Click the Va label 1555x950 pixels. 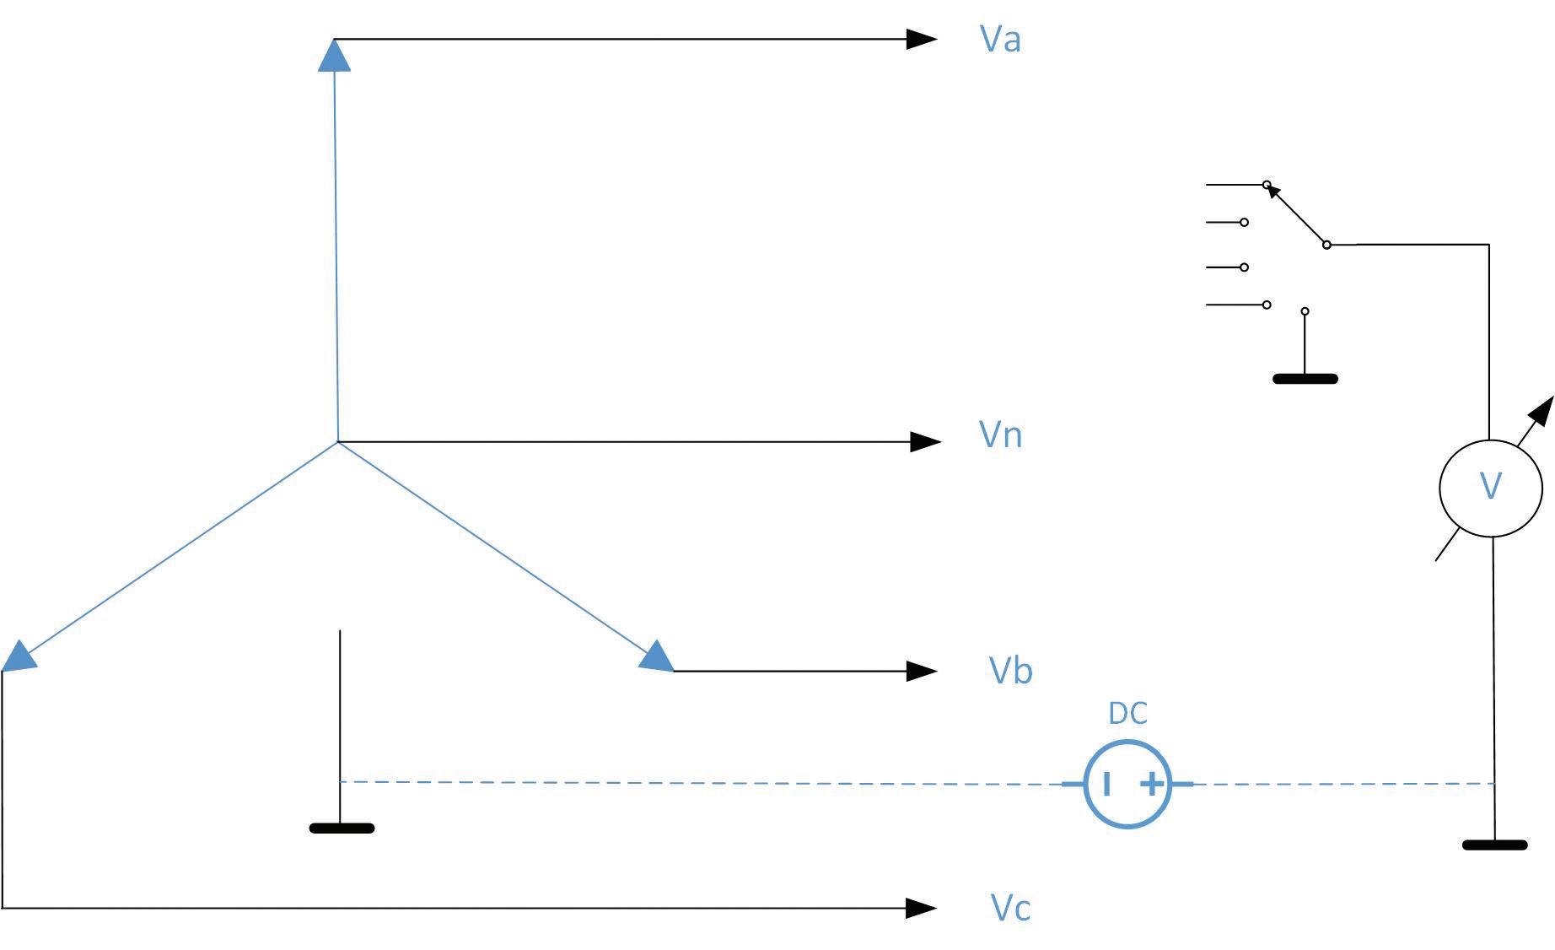click(x=1000, y=39)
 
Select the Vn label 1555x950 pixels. click(x=1000, y=435)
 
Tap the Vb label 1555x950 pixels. click(x=1009, y=670)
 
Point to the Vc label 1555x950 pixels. click(x=1009, y=908)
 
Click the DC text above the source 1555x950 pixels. click(x=1127, y=714)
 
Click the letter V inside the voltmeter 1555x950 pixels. click(x=1491, y=487)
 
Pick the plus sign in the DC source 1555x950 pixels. click(x=1151, y=785)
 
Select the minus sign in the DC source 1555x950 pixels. click(x=1106, y=785)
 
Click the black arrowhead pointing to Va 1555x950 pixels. click(x=921, y=39)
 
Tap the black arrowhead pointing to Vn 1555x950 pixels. click(x=925, y=441)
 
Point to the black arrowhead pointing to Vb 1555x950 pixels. click(x=921, y=671)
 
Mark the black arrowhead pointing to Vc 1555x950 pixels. click(x=921, y=908)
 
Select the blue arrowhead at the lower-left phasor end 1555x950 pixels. click(x=19, y=656)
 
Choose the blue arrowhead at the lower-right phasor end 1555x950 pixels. click(x=658, y=657)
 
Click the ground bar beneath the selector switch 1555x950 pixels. click(x=1305, y=379)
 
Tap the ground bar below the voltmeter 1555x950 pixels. click(x=1494, y=845)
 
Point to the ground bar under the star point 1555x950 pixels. click(x=342, y=829)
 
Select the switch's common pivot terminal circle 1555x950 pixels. click(x=1326, y=245)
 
